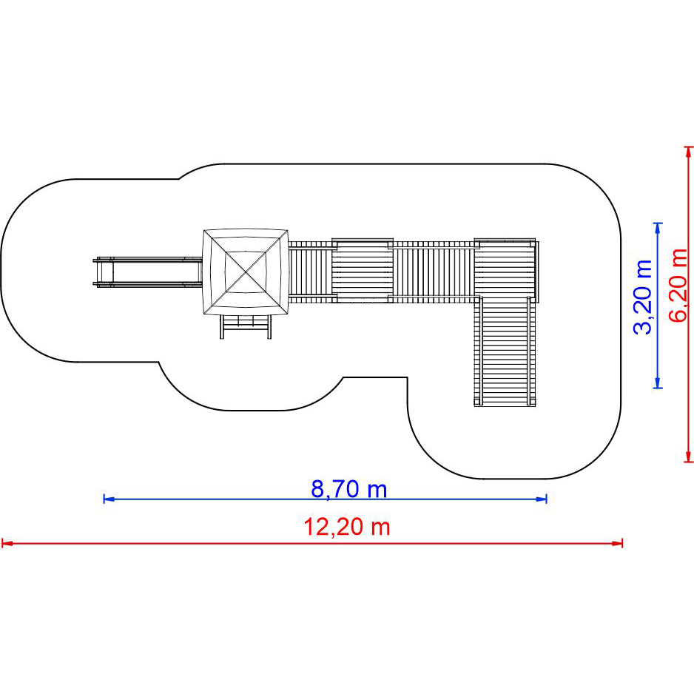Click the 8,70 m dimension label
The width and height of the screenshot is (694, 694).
point(348,489)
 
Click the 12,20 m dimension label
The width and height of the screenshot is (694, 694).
point(347,527)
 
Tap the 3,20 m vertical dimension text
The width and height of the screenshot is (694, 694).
point(644,297)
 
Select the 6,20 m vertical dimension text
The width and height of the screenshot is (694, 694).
point(678,285)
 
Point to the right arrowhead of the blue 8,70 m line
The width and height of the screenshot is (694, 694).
point(542,499)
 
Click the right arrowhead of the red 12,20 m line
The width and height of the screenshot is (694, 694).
point(617,542)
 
